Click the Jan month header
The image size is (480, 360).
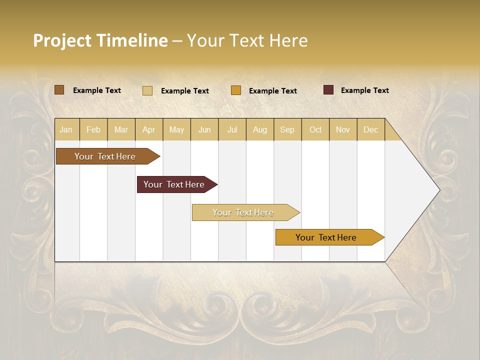(66, 129)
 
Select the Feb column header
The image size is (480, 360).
(93, 129)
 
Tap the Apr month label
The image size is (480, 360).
(149, 129)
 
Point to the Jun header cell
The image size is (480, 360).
(204, 129)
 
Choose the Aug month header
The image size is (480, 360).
(260, 129)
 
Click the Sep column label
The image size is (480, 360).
(287, 129)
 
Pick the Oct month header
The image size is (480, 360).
(315, 129)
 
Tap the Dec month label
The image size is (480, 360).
(371, 129)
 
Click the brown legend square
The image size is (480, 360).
(59, 90)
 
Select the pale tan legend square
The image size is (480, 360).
(147, 90)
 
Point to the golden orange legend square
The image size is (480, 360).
(236, 90)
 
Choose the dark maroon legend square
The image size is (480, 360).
(328, 90)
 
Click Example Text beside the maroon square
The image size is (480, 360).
(365, 90)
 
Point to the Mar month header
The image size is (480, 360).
(121, 129)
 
